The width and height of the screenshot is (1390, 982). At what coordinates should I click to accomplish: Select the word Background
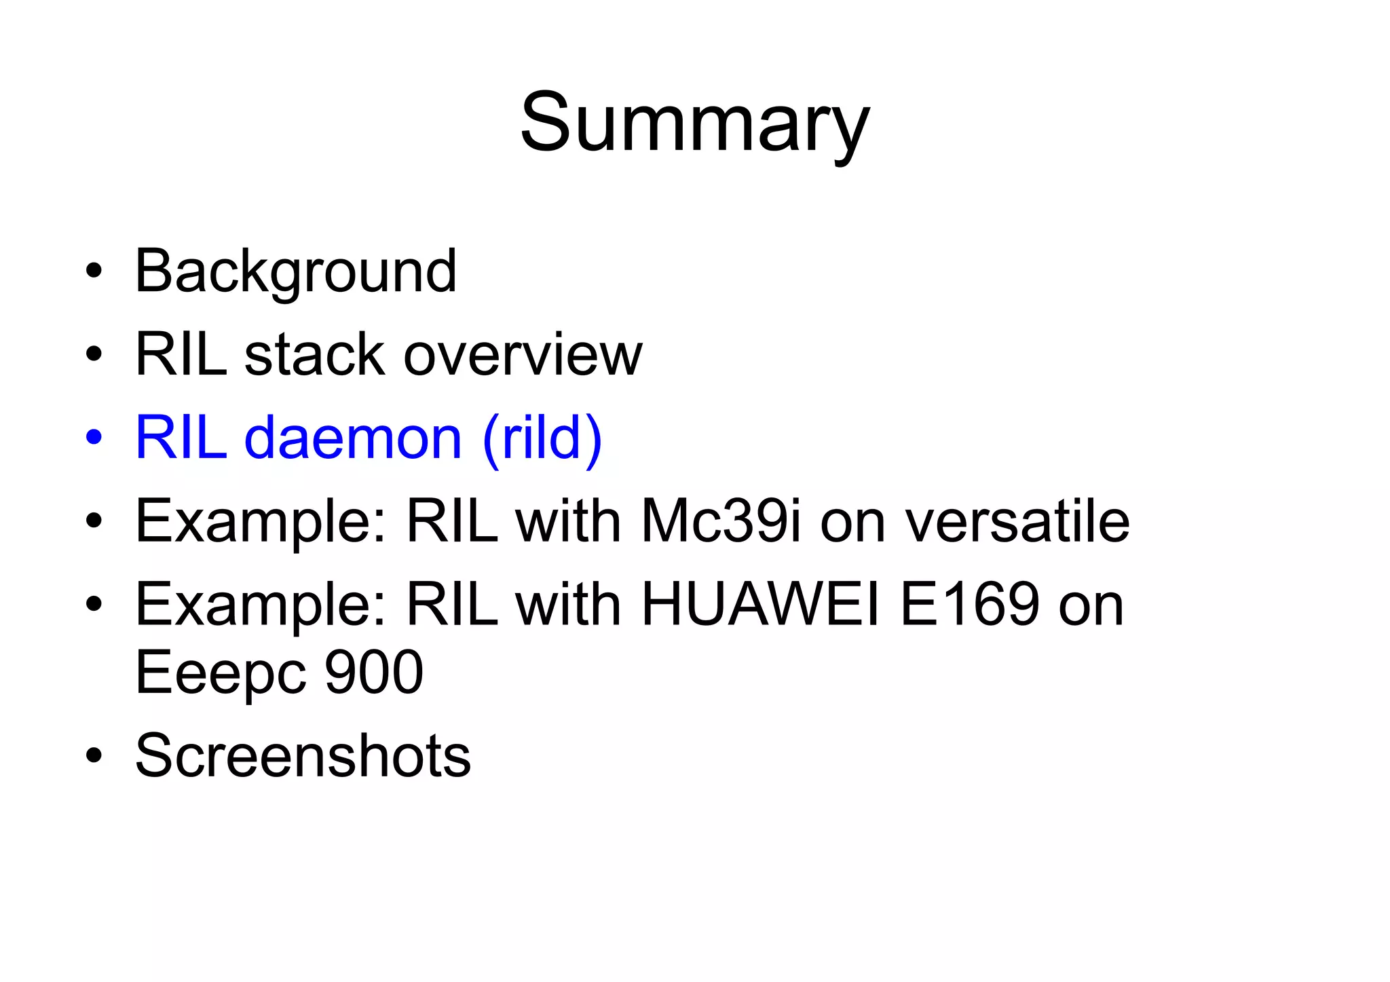click(296, 271)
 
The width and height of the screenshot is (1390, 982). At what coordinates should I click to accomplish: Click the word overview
click(523, 355)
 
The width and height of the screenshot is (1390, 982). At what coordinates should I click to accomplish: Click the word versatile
click(1018, 521)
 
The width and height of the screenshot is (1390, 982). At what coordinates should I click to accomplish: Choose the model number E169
click(969, 604)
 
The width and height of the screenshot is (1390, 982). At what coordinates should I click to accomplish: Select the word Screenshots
click(303, 755)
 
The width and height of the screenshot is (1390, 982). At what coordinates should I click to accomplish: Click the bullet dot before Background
click(94, 271)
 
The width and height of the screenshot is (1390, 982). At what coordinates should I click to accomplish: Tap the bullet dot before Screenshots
click(94, 755)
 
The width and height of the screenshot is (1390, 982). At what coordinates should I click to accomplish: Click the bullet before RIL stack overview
click(94, 355)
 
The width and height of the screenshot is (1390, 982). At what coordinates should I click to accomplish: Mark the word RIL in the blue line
click(181, 438)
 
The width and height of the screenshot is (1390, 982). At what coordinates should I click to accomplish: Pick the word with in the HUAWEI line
click(569, 604)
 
